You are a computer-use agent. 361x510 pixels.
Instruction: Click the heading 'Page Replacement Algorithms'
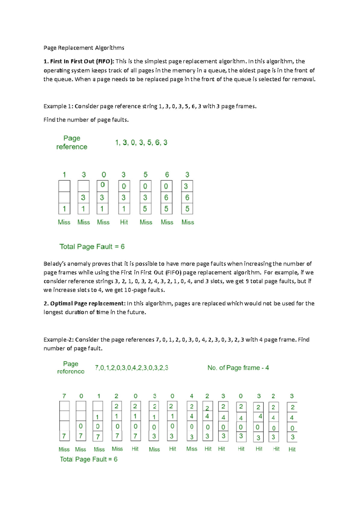click(x=84, y=48)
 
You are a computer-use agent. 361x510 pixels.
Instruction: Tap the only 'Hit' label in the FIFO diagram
click(x=124, y=222)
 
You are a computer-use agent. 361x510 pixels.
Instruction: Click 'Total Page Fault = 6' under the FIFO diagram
click(x=92, y=247)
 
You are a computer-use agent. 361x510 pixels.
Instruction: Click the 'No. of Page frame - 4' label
click(x=238, y=368)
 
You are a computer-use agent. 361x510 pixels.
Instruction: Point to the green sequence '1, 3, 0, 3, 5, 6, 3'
click(x=141, y=143)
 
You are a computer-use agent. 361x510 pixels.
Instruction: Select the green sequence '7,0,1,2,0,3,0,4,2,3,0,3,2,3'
click(x=131, y=368)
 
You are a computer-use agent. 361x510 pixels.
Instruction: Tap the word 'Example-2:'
click(x=58, y=339)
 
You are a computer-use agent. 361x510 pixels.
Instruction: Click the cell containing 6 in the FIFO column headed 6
click(x=166, y=198)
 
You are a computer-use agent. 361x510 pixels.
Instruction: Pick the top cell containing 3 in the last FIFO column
click(x=187, y=186)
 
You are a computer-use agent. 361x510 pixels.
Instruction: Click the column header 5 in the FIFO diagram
click(x=145, y=175)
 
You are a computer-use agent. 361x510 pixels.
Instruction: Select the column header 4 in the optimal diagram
click(x=192, y=396)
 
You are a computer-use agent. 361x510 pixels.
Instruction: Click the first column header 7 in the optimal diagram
click(x=64, y=396)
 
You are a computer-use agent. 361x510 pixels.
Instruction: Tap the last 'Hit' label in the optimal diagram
click(x=292, y=449)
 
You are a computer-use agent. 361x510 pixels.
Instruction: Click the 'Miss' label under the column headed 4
click(x=192, y=449)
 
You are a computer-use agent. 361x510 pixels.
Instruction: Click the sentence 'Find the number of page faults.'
click(x=86, y=120)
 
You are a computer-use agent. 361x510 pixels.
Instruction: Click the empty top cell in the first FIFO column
click(x=64, y=186)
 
